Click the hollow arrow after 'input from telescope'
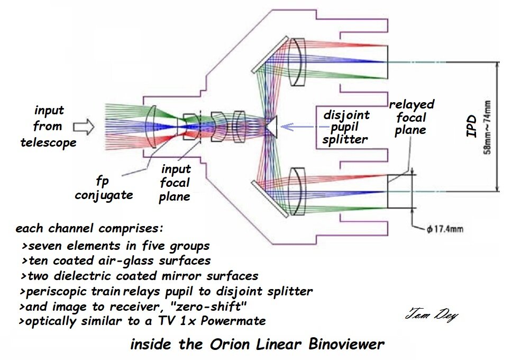[83, 127]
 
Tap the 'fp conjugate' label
[104, 187]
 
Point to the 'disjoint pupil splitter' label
[346, 127]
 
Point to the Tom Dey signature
[431, 316]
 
